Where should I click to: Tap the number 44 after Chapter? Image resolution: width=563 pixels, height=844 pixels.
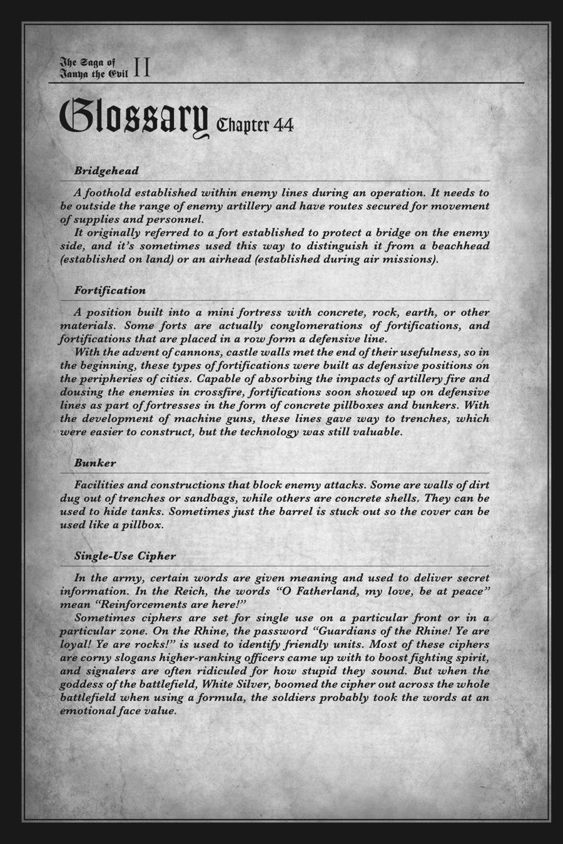tap(282, 126)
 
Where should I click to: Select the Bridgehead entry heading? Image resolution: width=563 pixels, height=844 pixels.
tap(106, 170)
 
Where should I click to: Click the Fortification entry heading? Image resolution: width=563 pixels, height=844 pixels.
tap(109, 290)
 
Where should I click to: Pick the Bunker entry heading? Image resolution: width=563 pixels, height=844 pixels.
tap(94, 463)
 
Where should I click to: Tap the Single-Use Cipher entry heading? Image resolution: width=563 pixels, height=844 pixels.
tap(124, 556)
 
